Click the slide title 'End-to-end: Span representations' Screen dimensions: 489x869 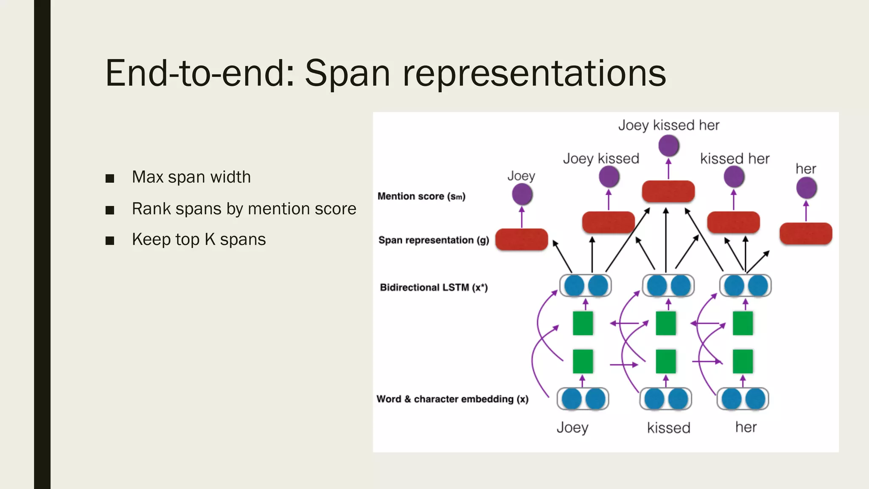tap(385, 73)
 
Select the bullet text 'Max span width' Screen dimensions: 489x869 tap(191, 177)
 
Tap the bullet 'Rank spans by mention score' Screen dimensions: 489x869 tap(244, 209)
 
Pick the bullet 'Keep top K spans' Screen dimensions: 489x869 tap(199, 239)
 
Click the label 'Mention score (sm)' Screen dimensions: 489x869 tap(421, 196)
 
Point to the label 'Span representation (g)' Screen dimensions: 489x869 tap(433, 240)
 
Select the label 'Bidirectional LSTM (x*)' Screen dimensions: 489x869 tap(434, 287)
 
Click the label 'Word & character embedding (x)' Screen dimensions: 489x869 tap(452, 399)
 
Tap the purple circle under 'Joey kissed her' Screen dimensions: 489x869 tap(669, 146)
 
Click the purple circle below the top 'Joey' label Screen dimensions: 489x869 tap(522, 194)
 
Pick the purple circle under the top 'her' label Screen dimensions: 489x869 tap(806, 188)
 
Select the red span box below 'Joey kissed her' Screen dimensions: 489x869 tap(668, 191)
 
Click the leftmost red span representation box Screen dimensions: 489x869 tap(521, 239)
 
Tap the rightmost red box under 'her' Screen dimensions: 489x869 tap(806, 233)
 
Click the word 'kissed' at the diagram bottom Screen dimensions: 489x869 tap(668, 427)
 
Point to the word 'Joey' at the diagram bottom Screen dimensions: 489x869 tap(572, 427)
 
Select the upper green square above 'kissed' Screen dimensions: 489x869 tap(666, 323)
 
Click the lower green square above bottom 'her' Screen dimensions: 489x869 tap(743, 361)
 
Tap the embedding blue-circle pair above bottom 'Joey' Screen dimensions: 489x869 tap(583, 399)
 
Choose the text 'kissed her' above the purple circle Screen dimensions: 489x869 tap(734, 159)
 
